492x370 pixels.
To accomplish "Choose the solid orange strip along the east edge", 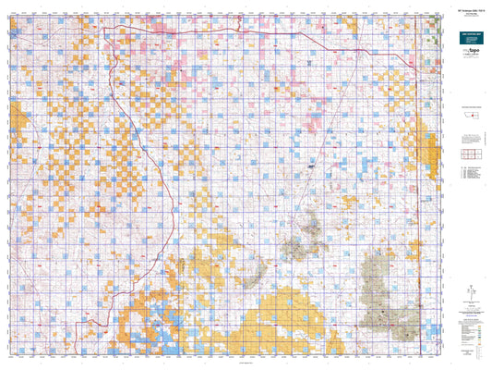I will pyautogui.click(x=427, y=148).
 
